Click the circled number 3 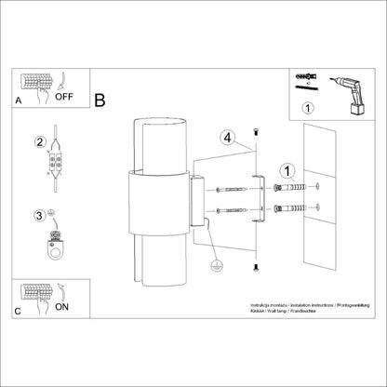[39, 215]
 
